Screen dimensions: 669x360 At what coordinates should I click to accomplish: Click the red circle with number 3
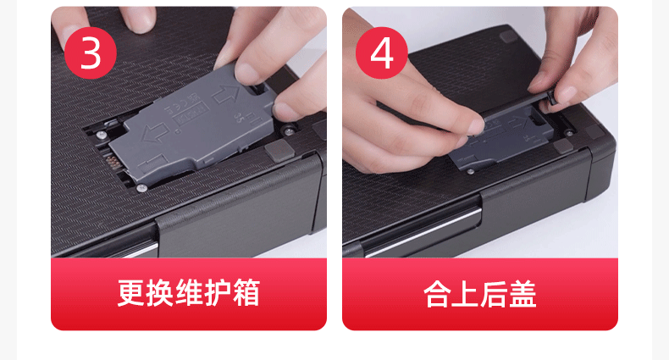(x=90, y=53)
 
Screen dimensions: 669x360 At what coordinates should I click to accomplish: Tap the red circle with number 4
(x=381, y=53)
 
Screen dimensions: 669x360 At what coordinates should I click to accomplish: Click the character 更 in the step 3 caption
(x=131, y=293)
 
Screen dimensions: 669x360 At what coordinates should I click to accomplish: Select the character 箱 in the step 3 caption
(x=246, y=293)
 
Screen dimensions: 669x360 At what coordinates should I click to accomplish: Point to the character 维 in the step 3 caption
(x=189, y=293)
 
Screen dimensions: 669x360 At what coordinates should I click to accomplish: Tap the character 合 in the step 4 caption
(x=437, y=294)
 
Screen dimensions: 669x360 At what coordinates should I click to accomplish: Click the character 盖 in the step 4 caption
(x=523, y=294)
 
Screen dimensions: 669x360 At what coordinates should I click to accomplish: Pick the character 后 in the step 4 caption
(x=494, y=294)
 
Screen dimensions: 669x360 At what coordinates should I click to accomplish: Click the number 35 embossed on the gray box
(x=240, y=114)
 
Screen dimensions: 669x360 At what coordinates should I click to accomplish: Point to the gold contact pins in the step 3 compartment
(x=112, y=163)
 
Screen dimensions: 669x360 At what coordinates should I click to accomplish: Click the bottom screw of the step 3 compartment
(x=141, y=187)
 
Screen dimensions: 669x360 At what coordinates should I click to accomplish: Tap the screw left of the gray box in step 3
(x=100, y=135)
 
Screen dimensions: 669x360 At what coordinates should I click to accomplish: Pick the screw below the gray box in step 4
(x=471, y=171)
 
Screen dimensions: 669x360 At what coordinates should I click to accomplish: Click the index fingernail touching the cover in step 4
(x=476, y=127)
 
